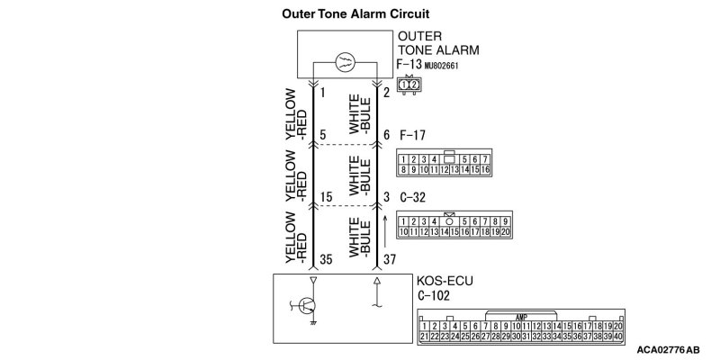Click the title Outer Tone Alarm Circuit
point(355,14)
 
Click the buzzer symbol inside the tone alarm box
point(346,63)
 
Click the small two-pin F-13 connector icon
point(409,85)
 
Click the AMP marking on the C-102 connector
point(521,316)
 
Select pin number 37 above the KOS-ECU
point(390,260)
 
